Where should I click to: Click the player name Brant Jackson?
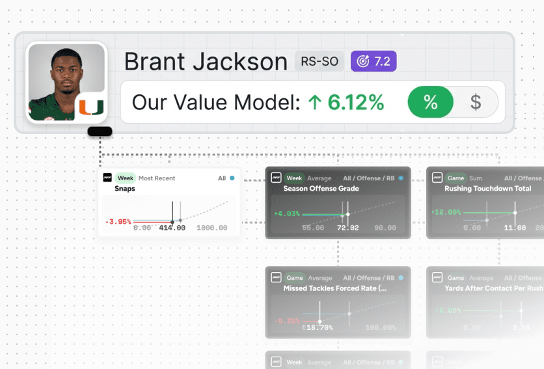[x=206, y=62]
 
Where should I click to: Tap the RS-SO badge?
[x=320, y=61]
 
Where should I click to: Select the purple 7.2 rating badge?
[x=374, y=61]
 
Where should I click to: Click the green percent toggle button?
[x=430, y=102]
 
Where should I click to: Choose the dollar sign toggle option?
[x=476, y=102]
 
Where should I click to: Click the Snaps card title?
[x=126, y=189]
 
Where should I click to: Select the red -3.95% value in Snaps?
[x=118, y=221]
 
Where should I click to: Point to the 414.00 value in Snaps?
[x=172, y=228]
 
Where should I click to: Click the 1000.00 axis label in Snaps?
[x=212, y=228]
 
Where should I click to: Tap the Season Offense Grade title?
[x=321, y=189]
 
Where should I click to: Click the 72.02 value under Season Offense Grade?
[x=348, y=228]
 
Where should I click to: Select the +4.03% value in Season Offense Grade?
[x=286, y=213]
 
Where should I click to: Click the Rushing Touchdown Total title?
[x=487, y=189]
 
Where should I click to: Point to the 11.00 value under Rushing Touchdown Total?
[x=515, y=228]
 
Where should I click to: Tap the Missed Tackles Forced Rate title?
[x=335, y=288]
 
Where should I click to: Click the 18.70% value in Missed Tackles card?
[x=318, y=327]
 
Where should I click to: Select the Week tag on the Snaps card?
[x=125, y=178]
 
